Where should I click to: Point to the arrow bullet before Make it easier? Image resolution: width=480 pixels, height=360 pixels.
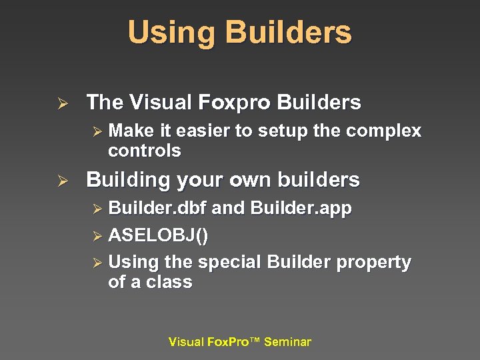pos(97,132)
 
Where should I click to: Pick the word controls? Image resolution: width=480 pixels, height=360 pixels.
pos(144,151)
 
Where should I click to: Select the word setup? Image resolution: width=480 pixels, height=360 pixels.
pos(276,131)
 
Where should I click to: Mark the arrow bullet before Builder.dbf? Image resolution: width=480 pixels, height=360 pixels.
pos(97,209)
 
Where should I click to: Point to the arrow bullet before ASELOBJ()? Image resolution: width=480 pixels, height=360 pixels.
pos(97,236)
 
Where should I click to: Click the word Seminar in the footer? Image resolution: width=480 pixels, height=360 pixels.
pos(287,342)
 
